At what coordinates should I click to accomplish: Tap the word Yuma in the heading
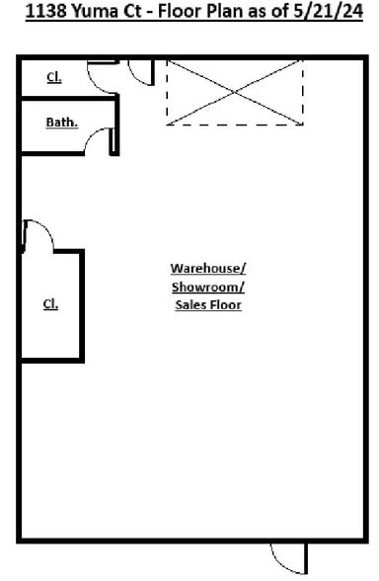click(92, 16)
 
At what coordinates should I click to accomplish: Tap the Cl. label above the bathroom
click(54, 77)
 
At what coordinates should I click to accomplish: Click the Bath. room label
click(61, 124)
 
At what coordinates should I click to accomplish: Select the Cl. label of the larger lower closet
click(50, 304)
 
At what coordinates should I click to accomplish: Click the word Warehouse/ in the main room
click(208, 269)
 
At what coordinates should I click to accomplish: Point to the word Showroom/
click(208, 287)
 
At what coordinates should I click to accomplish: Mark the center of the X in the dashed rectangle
click(235, 92)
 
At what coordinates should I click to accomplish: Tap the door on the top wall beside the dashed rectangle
click(143, 72)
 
